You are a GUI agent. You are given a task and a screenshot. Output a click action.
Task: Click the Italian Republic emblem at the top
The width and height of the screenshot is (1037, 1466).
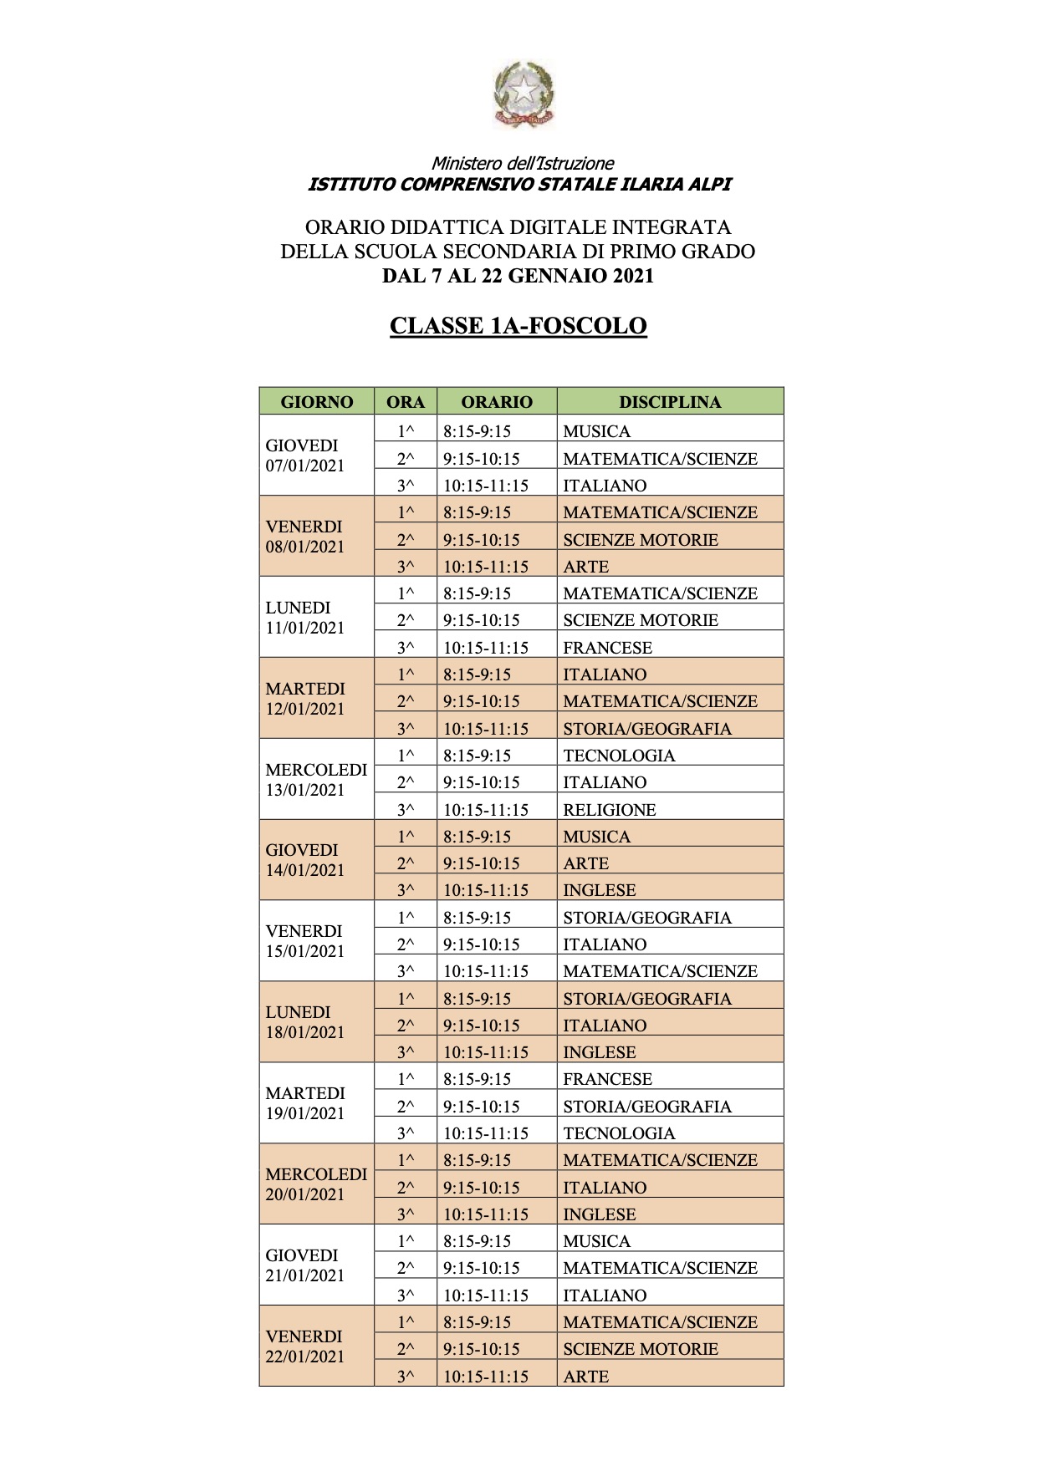[x=523, y=94]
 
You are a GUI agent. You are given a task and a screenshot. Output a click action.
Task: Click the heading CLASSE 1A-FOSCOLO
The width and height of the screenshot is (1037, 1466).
[x=518, y=326]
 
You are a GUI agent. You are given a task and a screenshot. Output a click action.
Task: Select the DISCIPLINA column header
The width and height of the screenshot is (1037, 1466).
[x=670, y=402]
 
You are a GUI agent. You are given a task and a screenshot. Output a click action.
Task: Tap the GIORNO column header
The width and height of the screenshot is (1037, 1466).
[x=317, y=402]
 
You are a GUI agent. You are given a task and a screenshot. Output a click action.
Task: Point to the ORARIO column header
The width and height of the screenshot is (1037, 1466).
[x=497, y=402]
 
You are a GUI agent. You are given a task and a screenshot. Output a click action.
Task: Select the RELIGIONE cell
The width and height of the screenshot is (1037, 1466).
[x=610, y=810]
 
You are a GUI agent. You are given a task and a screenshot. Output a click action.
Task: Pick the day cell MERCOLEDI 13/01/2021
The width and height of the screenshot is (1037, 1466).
[x=316, y=780]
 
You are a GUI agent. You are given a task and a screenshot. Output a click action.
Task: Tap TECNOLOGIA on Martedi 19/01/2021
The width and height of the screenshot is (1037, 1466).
[x=619, y=1133]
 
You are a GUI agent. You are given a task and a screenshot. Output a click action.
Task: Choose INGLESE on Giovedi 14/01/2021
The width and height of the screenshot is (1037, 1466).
[x=600, y=890]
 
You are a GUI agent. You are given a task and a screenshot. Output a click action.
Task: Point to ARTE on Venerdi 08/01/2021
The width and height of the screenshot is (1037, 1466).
[x=586, y=567]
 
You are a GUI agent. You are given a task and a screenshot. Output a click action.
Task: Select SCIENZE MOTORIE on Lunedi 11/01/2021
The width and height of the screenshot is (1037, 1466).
[x=641, y=620]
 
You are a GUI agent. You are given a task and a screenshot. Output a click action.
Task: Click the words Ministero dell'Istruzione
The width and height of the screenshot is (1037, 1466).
[x=523, y=164]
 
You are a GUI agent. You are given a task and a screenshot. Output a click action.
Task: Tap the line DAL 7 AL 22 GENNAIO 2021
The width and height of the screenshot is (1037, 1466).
[x=518, y=276]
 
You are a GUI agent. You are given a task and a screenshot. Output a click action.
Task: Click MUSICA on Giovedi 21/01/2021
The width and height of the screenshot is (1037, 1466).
[x=597, y=1241]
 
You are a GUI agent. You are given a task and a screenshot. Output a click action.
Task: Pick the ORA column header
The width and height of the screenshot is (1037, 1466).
[x=406, y=402]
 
